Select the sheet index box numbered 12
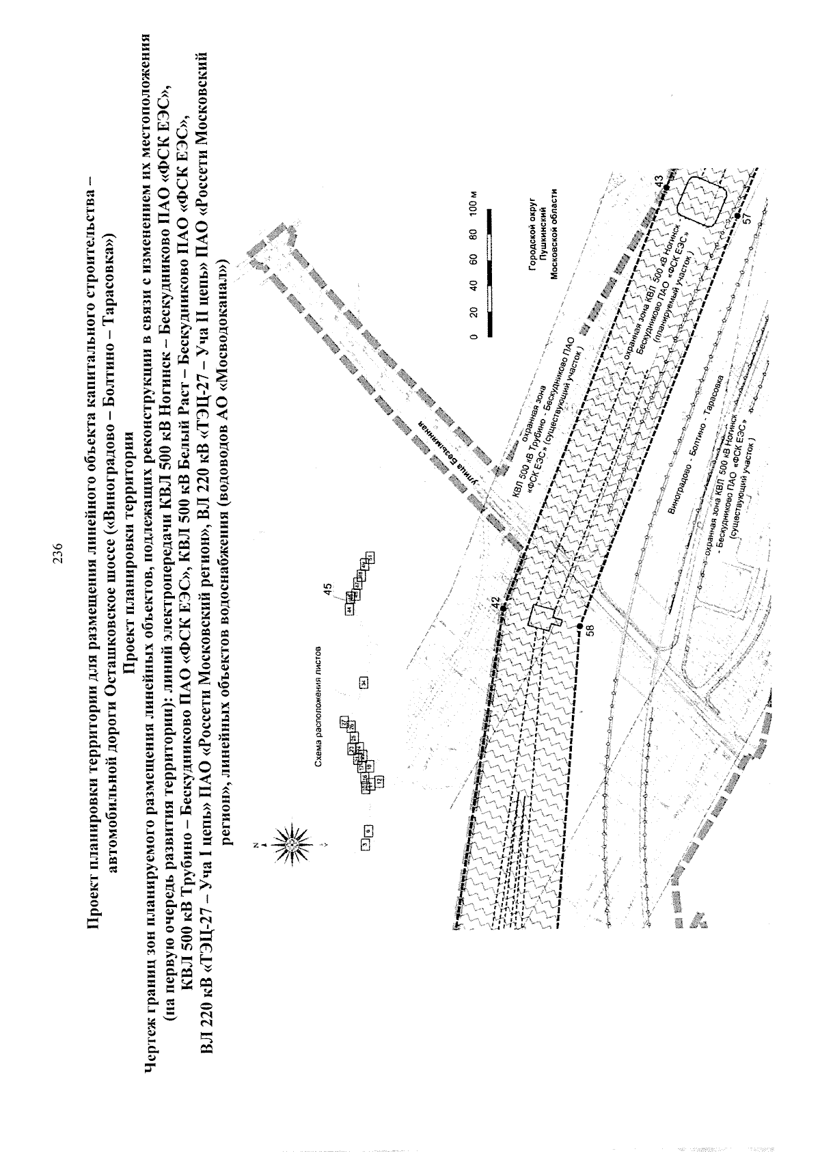click(378, 779)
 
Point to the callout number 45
click(328, 587)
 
